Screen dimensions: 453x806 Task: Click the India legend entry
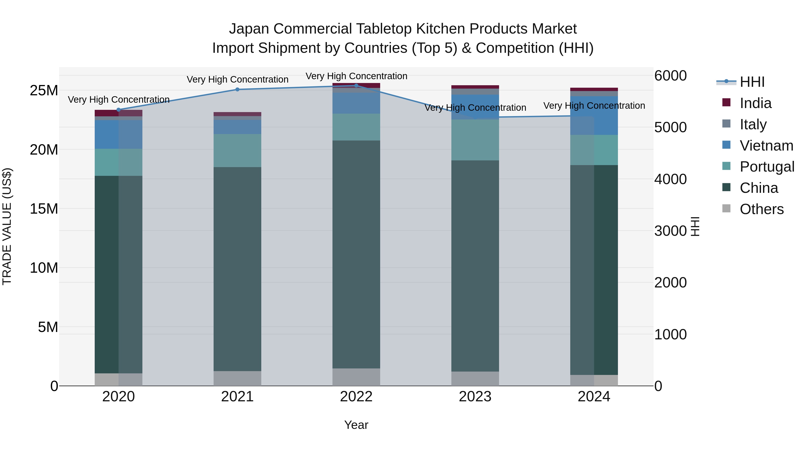click(x=755, y=103)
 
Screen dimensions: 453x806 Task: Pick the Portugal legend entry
click(x=767, y=167)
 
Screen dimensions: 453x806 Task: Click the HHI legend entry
click(x=752, y=82)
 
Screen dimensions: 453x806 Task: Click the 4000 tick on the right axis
click(x=670, y=179)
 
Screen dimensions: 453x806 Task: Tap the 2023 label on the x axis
click(x=475, y=397)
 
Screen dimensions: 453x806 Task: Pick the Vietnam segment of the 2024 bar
click(x=594, y=115)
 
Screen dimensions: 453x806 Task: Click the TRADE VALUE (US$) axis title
click(x=7, y=226)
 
